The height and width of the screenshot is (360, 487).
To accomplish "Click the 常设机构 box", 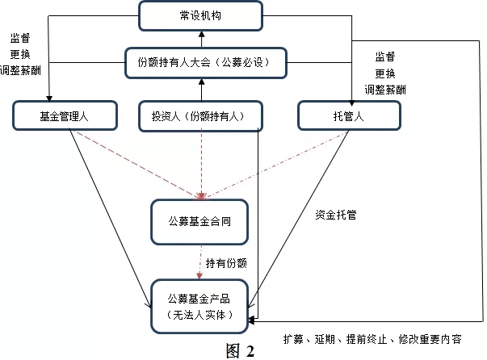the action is point(200,16).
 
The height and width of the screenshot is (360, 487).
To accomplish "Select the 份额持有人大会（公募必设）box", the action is point(206,63).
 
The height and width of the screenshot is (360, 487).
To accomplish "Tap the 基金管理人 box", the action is point(65,115).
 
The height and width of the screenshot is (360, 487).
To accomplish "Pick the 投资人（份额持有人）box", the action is point(200,116).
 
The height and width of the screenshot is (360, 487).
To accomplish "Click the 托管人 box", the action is point(349,116).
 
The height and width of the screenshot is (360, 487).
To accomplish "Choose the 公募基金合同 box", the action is point(199,222).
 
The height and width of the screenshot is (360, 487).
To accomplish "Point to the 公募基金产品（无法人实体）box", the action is point(199,307).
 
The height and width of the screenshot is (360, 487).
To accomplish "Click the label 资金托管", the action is point(336,215).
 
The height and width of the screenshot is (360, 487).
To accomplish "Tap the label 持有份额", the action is point(226,263).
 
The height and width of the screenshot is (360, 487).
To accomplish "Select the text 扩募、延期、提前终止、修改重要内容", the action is point(372,339).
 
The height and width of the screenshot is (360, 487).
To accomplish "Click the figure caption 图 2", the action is point(240,351).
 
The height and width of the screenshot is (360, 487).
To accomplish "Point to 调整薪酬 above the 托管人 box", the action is point(385,90).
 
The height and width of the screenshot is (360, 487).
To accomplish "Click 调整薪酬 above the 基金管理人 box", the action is point(20,70).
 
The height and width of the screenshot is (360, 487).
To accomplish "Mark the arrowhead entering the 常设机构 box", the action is point(202,34).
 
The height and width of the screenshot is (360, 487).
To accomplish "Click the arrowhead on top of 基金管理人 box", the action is point(49,98).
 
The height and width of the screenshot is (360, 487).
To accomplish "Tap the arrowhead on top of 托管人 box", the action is point(351,103).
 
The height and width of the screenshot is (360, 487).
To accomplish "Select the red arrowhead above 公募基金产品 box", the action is point(199,276).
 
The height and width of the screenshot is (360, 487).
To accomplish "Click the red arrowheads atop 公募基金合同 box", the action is point(201,196).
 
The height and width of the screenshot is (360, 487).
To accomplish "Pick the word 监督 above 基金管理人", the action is point(20,38).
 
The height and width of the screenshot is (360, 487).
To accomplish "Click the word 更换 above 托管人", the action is point(385,73).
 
